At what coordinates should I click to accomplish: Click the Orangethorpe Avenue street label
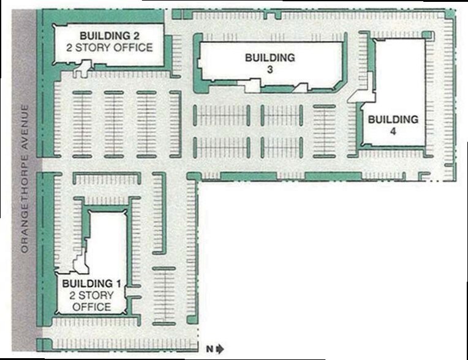point(25,179)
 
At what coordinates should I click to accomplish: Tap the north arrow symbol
point(221,349)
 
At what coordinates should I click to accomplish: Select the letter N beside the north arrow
point(210,349)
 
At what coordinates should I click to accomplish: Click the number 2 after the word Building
point(135,36)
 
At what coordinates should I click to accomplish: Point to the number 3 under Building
point(270,70)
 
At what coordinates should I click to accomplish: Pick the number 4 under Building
point(393,131)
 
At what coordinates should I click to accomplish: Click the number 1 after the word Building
point(118,283)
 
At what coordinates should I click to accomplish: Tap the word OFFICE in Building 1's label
point(92,307)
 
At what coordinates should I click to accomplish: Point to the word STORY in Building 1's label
point(94,295)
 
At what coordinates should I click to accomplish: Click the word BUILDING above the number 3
point(270,58)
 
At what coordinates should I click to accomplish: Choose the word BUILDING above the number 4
point(393,119)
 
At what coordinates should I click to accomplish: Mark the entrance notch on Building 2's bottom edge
point(83,69)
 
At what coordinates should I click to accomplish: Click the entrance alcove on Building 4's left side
point(363,89)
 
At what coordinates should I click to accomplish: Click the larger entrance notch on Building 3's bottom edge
point(252,85)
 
